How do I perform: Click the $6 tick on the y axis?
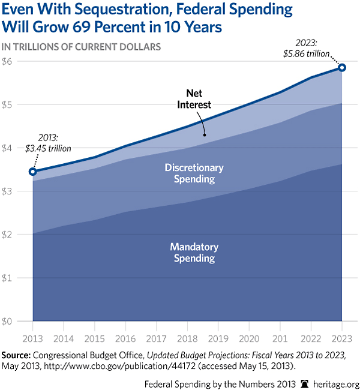tap(8, 61)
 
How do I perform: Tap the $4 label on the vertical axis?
tap(8, 148)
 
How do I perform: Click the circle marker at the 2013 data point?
tap(33, 172)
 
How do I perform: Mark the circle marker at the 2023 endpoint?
tap(342, 67)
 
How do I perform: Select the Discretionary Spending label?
tap(194, 173)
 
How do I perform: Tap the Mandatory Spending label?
tap(194, 253)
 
